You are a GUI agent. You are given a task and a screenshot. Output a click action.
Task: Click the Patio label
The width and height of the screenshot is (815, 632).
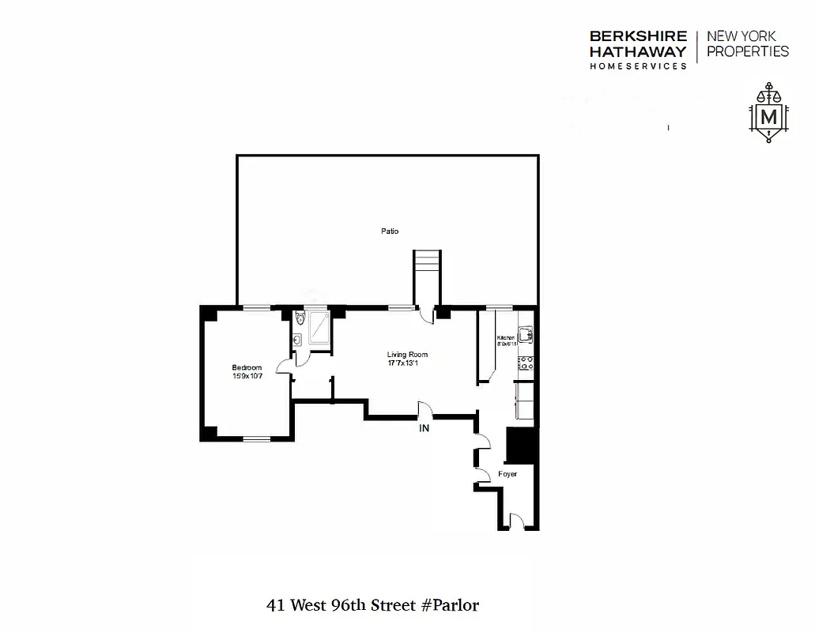(x=387, y=231)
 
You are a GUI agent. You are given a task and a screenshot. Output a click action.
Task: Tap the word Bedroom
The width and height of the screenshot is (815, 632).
(x=247, y=367)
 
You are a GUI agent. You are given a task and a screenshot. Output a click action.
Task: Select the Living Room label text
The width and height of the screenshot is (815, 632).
(x=406, y=355)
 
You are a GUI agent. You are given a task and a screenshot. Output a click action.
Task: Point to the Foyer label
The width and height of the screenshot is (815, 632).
(x=507, y=474)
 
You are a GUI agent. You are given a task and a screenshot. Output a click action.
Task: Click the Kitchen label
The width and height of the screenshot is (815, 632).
(x=506, y=338)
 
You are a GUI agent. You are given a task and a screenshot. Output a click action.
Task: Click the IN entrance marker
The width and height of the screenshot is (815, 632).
(x=424, y=429)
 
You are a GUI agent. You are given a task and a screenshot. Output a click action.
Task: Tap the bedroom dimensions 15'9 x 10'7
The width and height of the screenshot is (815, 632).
(x=247, y=376)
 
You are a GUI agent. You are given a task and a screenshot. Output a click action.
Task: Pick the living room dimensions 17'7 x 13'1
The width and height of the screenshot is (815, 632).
(x=406, y=364)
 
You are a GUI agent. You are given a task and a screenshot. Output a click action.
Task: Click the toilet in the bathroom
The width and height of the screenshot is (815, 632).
(x=300, y=319)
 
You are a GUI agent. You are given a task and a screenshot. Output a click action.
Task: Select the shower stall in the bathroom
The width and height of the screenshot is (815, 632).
(x=319, y=327)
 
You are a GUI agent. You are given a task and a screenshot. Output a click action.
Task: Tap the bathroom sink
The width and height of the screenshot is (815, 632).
(x=296, y=340)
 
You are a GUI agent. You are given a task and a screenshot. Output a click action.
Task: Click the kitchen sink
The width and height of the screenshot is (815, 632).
(x=526, y=333)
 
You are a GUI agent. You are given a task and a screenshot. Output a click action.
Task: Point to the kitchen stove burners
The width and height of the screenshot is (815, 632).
(x=525, y=364)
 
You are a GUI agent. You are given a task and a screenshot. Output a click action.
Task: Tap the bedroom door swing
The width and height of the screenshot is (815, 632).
(x=283, y=366)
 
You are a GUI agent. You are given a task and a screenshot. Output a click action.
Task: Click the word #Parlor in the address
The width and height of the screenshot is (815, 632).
(x=450, y=606)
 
